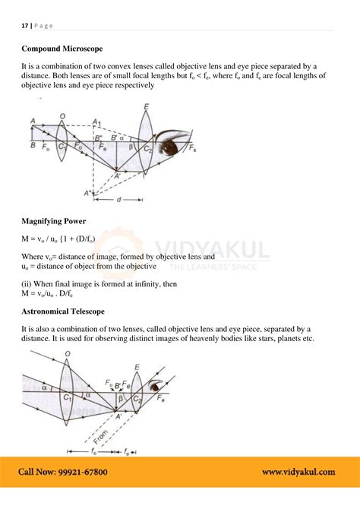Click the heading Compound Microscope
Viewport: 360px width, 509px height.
click(62, 49)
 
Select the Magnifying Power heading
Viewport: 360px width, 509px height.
click(53, 221)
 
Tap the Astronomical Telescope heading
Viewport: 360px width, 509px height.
click(63, 311)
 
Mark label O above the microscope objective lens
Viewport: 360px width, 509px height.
click(62, 116)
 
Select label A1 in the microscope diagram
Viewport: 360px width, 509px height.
click(96, 122)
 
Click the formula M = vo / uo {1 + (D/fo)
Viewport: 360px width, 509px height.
click(58, 239)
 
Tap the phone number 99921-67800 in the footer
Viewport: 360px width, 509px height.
click(79, 472)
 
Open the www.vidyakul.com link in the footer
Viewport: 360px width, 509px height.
click(298, 472)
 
